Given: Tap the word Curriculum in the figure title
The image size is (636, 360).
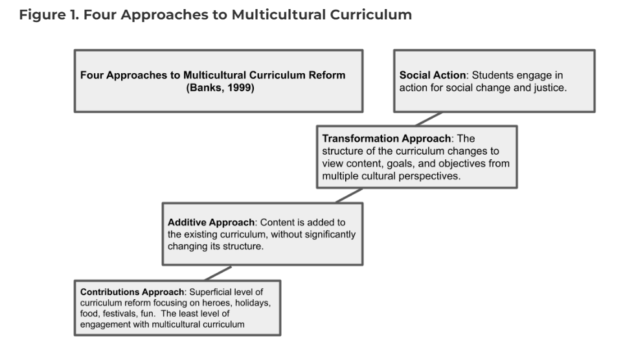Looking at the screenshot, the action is pyautogui.click(x=370, y=15).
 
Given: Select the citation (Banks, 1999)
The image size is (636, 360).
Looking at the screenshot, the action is pyautogui.click(x=220, y=87).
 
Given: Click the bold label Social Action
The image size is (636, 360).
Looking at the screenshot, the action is pyautogui.click(x=433, y=75).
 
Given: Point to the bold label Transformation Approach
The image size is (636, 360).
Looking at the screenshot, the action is pyautogui.click(x=387, y=139).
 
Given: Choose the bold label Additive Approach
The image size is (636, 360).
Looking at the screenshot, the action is pyautogui.click(x=211, y=222).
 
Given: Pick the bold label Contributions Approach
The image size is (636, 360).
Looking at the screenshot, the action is pyautogui.click(x=132, y=292).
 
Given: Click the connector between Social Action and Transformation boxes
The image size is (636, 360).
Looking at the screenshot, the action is pyautogui.click(x=429, y=118).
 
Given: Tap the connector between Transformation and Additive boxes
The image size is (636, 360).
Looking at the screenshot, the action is pyautogui.click(x=349, y=196).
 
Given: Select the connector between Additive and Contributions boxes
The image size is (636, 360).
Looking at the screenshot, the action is pyautogui.click(x=218, y=273).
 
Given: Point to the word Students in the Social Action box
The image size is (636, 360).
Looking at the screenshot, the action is pyautogui.click(x=492, y=75).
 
